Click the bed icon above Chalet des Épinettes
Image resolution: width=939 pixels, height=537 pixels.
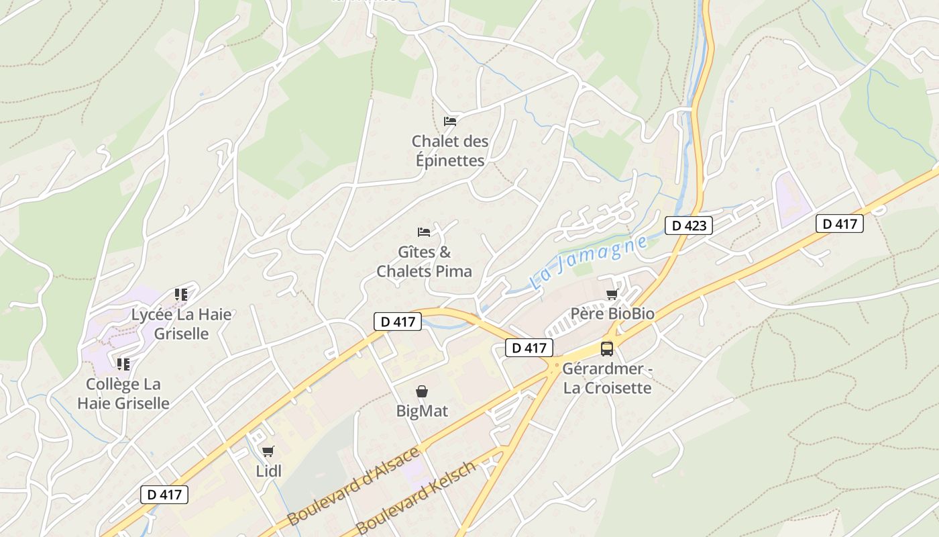[450, 121]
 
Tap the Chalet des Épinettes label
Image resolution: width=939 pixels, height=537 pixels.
[450, 151]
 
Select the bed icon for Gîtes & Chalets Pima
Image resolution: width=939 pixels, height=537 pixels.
[424, 232]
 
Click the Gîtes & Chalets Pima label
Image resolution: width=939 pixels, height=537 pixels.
[425, 262]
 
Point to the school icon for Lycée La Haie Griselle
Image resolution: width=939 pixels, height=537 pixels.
[180, 294]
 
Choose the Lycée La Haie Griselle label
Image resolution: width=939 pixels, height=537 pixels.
[181, 324]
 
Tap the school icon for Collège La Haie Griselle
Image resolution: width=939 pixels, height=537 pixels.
[123, 364]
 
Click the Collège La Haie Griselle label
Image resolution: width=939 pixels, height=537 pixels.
[123, 393]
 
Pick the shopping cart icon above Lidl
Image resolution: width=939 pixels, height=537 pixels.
[268, 451]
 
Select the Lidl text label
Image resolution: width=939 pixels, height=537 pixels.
[269, 471]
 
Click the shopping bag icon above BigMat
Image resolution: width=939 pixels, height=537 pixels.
[422, 391]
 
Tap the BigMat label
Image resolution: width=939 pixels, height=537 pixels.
[422, 411]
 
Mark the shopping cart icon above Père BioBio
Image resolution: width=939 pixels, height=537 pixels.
[612, 294]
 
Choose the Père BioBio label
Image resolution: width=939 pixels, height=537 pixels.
[612, 314]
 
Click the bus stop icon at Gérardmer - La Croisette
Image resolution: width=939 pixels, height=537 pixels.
[607, 348]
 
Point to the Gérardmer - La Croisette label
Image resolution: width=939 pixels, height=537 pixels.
[607, 378]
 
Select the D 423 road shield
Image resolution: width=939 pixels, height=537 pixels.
[689, 226]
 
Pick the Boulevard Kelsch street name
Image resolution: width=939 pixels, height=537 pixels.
[417, 497]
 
